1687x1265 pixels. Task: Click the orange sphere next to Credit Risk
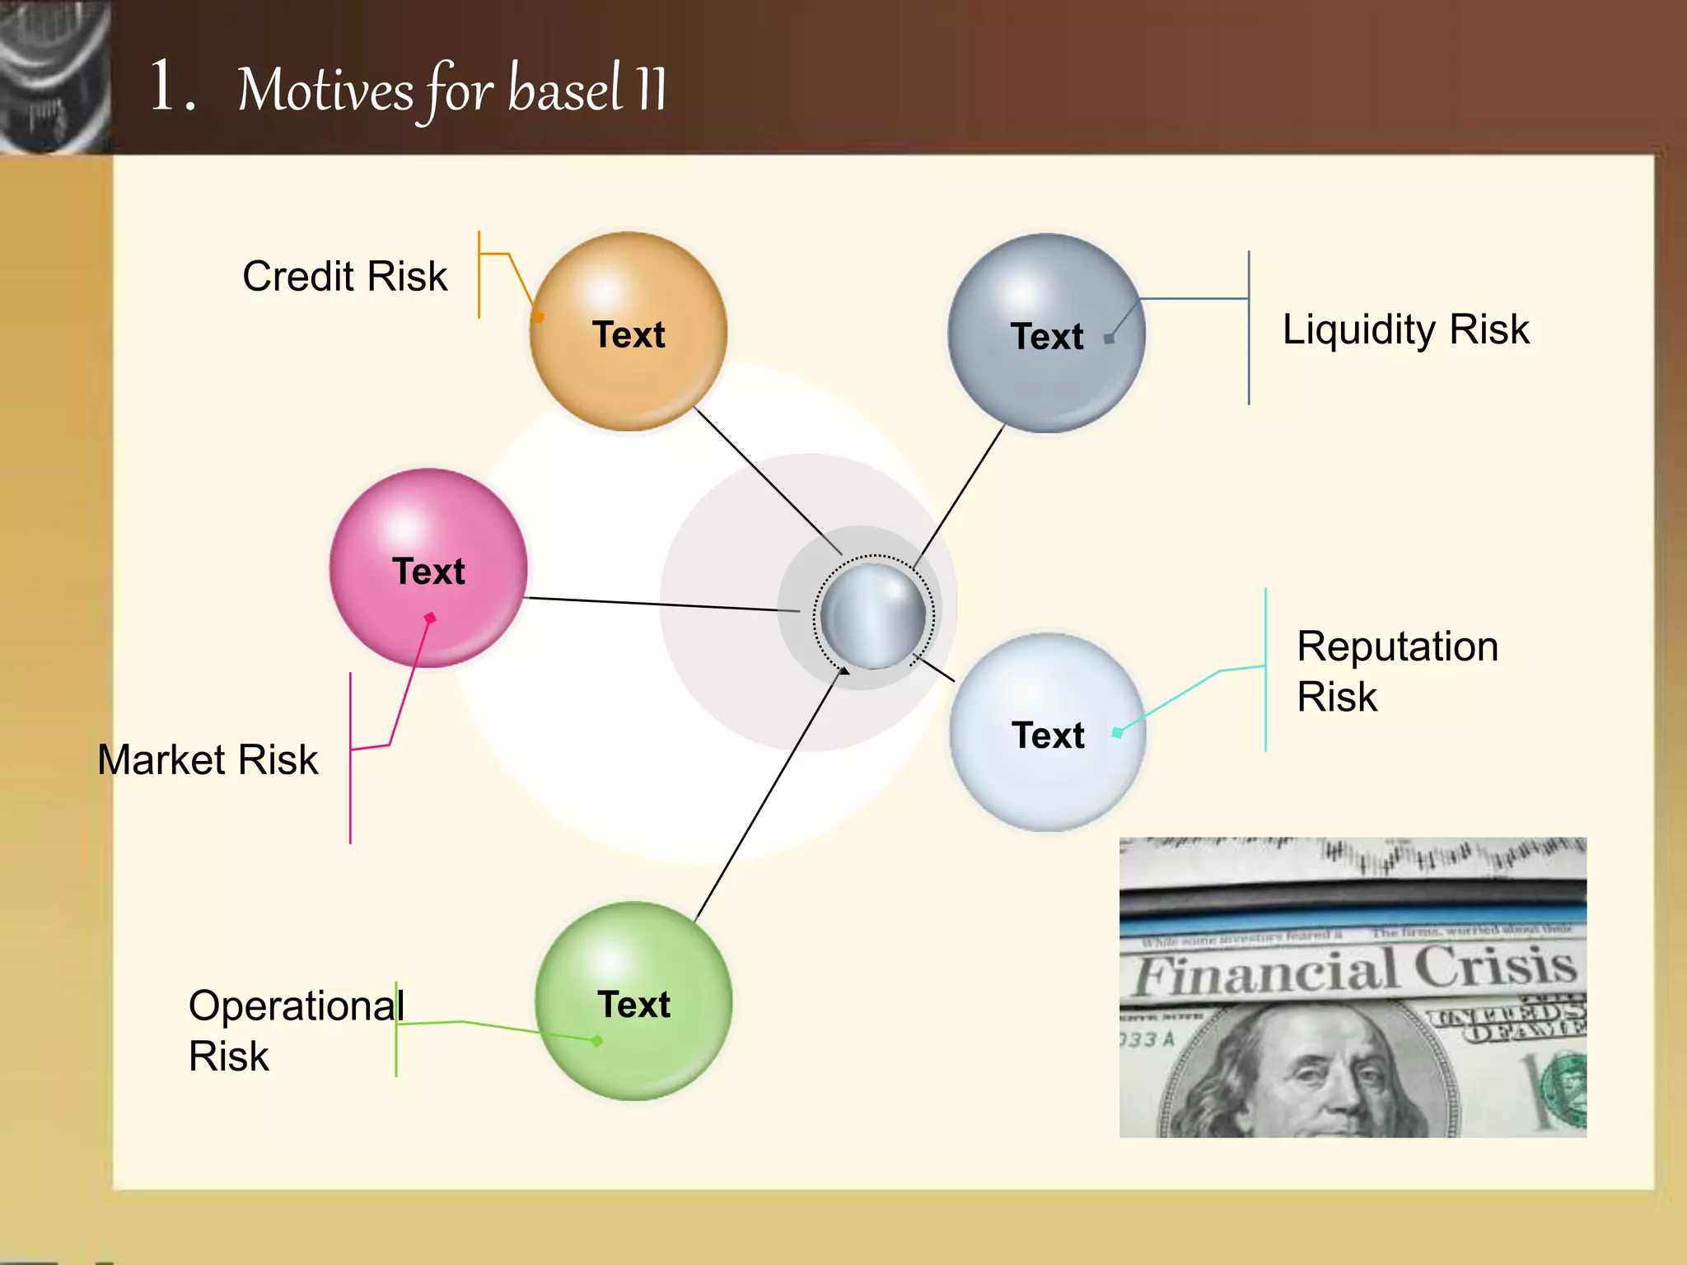(628, 331)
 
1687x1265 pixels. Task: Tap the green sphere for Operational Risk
(633, 1001)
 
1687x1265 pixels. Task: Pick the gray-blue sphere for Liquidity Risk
(1046, 333)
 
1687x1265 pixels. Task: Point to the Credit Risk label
(344, 277)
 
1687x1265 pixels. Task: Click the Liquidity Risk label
(1405, 329)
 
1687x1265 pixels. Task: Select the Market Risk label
(208, 759)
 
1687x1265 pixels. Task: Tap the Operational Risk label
(295, 1029)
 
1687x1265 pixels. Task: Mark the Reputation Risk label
(1397, 670)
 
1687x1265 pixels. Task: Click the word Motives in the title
(325, 91)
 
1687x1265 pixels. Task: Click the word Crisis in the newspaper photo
(1494, 965)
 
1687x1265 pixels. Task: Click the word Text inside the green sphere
(633, 1005)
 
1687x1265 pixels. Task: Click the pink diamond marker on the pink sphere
(430, 618)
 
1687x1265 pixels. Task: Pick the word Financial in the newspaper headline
(1264, 972)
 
